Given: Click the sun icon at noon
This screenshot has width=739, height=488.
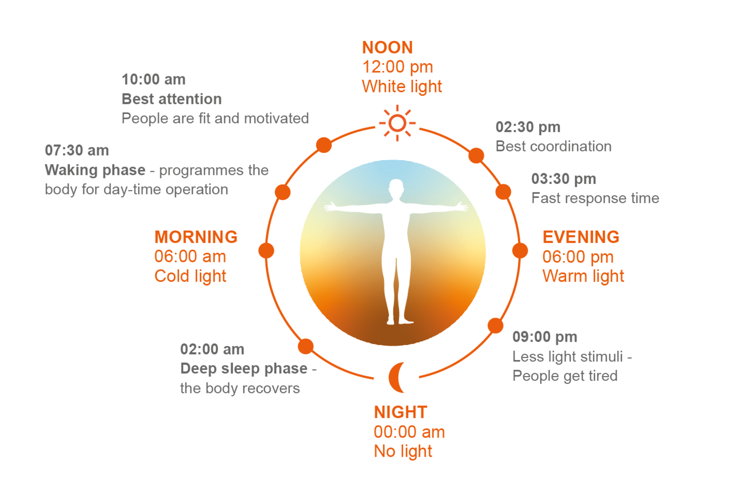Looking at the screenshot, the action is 397,123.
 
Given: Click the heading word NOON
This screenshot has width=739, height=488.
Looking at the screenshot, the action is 387,47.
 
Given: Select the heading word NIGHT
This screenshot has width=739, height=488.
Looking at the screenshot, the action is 400,412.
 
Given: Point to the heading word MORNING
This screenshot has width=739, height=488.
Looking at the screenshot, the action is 196,237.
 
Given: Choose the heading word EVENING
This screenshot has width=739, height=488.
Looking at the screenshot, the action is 581,237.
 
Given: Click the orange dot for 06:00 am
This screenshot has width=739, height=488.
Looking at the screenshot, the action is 266,251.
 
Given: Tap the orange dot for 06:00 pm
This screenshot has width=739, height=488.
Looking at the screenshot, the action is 520,251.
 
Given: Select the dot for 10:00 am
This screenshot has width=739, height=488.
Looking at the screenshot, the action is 324,145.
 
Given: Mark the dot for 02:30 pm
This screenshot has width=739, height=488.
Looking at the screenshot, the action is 476,155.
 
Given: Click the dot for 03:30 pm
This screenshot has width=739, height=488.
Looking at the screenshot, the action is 503,192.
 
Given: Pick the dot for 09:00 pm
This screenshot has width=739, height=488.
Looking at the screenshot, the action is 495,326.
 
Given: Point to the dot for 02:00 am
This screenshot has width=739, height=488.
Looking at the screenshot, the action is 306,346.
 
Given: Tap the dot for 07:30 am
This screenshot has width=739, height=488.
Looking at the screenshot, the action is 283,192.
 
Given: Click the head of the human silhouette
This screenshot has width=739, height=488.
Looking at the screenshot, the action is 396,188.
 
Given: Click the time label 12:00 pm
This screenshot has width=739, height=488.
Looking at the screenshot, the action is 398,67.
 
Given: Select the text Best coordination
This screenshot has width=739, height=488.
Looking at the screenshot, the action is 553,146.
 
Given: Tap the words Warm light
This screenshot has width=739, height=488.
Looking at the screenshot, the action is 583,276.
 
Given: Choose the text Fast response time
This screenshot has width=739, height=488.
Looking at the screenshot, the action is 595,198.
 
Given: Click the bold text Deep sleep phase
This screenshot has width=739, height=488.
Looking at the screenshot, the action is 244,369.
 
